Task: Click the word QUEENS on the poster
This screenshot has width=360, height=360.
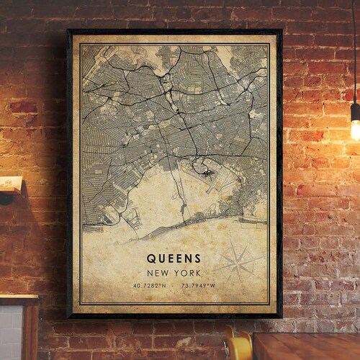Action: coord(174,257)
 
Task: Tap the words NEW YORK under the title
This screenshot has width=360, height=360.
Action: coord(174,273)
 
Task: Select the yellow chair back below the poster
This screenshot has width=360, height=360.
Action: coord(238,344)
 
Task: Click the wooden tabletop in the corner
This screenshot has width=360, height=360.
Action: coord(310,346)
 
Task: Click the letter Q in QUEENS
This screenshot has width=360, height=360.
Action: coord(150,257)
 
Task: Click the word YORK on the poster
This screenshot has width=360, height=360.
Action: coord(188,273)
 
